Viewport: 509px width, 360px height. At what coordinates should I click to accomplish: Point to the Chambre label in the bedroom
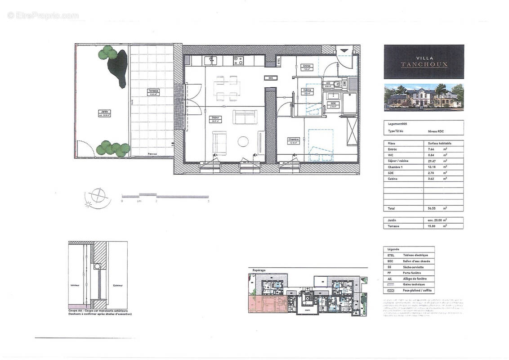coord(293,139)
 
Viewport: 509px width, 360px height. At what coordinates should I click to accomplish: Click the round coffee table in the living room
coord(243,141)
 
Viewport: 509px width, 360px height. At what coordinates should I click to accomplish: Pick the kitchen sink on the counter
coord(210,60)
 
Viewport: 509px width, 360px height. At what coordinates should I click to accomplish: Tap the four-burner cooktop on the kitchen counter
coord(238,60)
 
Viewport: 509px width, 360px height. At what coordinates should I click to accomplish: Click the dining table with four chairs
coord(226,88)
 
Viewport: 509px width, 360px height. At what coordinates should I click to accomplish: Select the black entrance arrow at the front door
coord(344,51)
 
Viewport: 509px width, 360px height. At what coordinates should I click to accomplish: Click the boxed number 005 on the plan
coord(270,78)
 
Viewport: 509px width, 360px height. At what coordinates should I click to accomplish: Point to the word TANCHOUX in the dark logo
coord(424,64)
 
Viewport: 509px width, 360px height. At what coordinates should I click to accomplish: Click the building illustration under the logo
coord(424,97)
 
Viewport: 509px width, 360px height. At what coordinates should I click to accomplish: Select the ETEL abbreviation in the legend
coord(391,255)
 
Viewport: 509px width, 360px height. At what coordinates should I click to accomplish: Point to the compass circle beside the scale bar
coord(97,196)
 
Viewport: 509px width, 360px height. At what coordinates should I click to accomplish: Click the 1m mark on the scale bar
coord(139,201)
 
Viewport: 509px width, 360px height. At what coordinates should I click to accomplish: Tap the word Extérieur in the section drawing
coord(118,286)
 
